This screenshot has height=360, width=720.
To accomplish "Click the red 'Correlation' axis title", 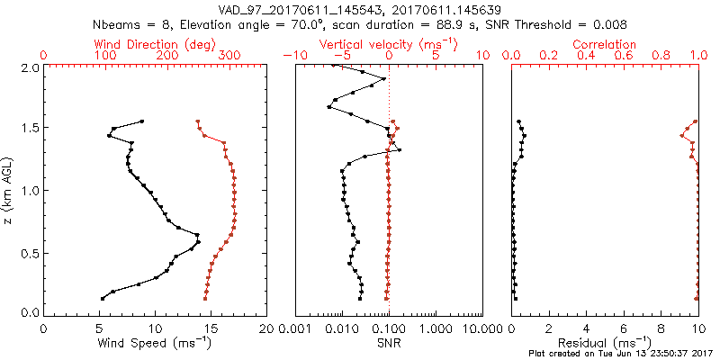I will pyautogui.click(x=605, y=44).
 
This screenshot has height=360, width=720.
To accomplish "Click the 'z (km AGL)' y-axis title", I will pyautogui.click(x=8, y=190).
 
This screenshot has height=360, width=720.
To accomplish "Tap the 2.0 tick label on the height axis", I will pyautogui.click(x=30, y=67).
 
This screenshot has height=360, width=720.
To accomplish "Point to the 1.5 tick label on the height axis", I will pyautogui.click(x=30, y=129).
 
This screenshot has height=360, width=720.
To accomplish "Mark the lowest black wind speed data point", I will pyautogui.click(x=102, y=299).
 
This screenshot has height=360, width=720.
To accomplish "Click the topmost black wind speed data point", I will pyautogui.click(x=141, y=121).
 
